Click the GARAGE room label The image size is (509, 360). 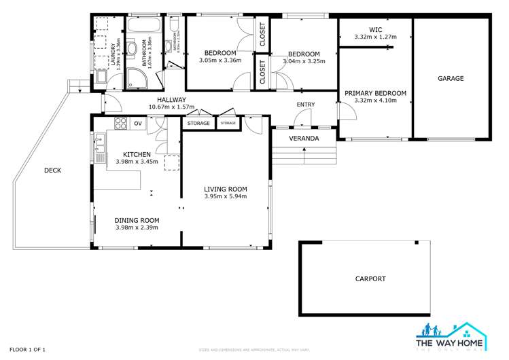coord(451,79)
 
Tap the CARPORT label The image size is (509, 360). coord(370,278)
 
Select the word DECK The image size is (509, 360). coord(52,170)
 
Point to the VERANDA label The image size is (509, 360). coord(304,139)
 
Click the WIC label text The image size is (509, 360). coord(375,29)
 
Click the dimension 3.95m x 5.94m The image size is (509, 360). coord(226,196)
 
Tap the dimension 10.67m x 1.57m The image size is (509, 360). coord(171,107)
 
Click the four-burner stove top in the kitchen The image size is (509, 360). coord(121,123)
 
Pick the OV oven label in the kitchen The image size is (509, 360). coord(138,123)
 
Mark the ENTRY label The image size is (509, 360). coord(306,104)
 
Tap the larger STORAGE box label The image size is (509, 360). coord(198,124)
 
